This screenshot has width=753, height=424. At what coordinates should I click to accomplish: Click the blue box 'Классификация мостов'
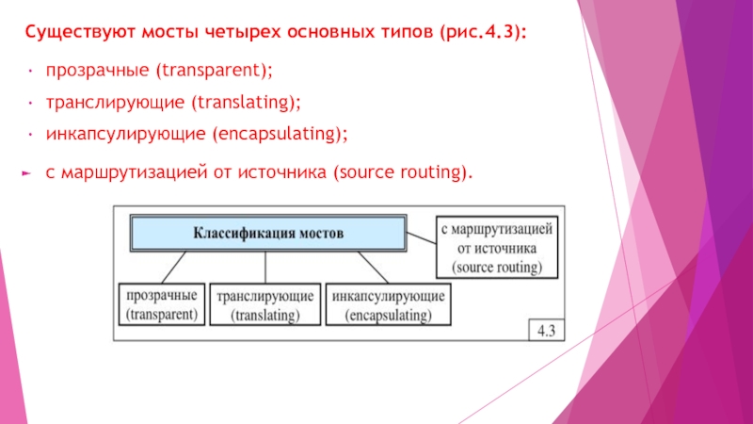(268, 232)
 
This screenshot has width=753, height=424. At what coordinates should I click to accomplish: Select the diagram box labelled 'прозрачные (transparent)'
(161, 303)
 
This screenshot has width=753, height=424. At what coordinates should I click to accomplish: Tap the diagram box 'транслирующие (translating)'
(264, 303)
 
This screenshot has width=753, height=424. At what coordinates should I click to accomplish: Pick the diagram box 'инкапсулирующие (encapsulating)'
(388, 303)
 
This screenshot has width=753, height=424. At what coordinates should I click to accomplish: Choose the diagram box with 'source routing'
(497, 248)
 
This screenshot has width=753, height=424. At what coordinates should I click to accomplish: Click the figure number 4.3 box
(544, 331)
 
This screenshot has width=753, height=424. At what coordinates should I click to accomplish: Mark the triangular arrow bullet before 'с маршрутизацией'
(27, 173)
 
